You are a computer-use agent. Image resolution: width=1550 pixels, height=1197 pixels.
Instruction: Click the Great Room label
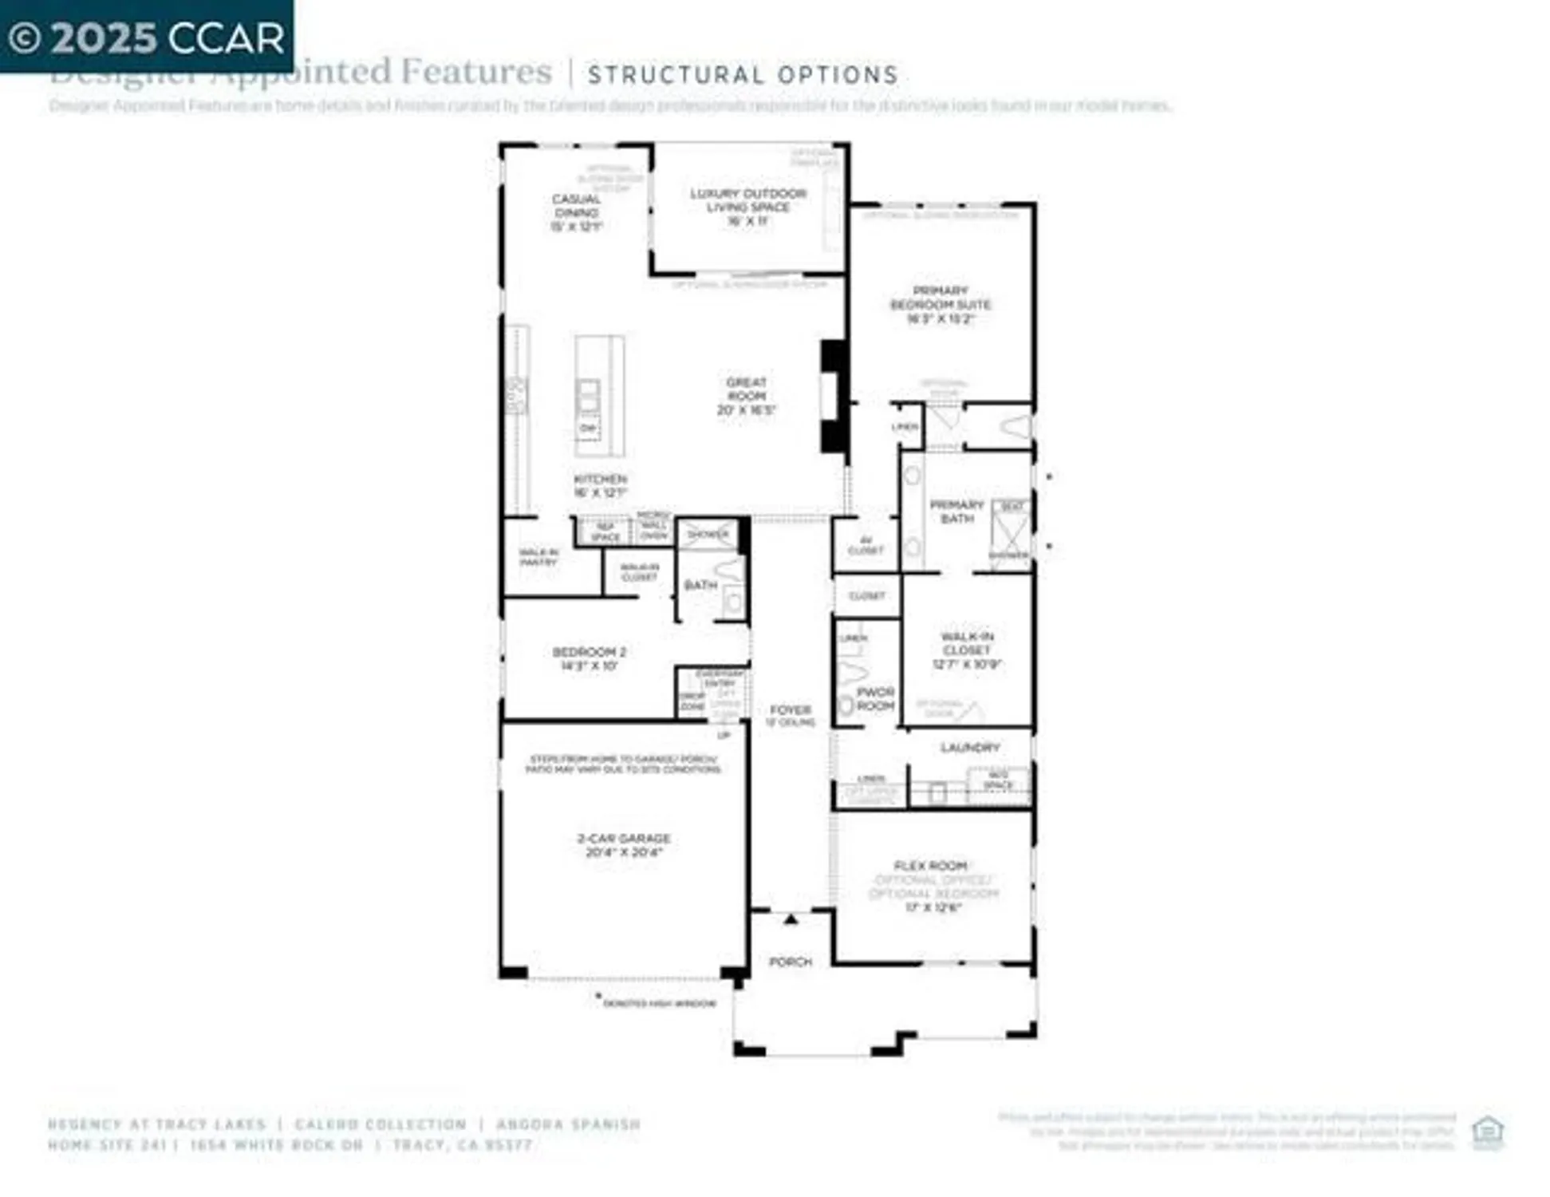746,396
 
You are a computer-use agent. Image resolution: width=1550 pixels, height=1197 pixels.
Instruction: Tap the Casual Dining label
576,212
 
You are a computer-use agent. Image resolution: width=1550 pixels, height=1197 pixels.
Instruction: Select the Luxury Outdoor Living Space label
747,207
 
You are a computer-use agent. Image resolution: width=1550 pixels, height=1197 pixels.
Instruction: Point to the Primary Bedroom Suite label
941,304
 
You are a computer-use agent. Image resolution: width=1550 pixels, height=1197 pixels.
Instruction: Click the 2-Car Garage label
624,844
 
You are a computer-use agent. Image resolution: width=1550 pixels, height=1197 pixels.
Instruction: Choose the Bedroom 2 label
589,658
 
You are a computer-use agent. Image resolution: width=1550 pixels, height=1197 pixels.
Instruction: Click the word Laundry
969,748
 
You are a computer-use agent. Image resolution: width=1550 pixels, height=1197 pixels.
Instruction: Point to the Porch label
790,962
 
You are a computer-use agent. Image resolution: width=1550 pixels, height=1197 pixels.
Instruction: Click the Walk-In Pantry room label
538,557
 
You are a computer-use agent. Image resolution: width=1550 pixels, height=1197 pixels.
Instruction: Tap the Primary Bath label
956,512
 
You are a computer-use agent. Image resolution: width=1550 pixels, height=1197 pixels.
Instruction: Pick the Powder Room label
875,699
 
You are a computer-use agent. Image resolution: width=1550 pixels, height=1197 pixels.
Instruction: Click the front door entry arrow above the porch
790,919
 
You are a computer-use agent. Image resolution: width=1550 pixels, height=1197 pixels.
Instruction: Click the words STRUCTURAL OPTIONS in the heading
743,75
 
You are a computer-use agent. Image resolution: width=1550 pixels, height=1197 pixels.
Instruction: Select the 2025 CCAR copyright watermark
147,38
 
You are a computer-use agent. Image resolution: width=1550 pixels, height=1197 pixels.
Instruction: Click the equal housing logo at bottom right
1487,1132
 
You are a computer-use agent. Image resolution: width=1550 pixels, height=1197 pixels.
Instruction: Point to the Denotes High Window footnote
659,1003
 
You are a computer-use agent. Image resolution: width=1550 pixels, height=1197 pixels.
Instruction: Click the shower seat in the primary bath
1012,507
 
